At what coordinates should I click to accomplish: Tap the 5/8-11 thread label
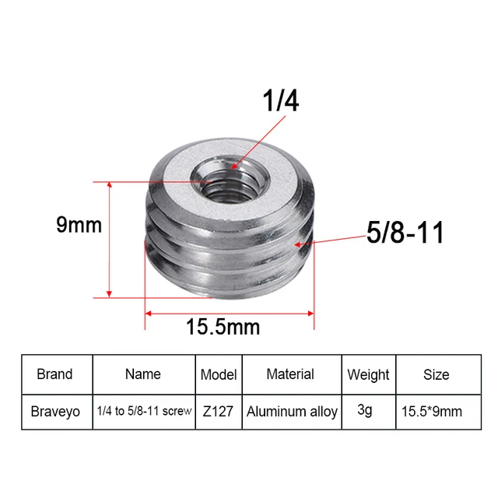pyautogui.click(x=405, y=233)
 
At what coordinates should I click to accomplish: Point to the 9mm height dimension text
pyautogui.click(x=79, y=226)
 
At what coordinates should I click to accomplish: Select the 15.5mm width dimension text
pyautogui.click(x=223, y=327)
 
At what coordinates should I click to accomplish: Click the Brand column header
pyautogui.click(x=54, y=374)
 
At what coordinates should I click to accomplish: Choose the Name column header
pyautogui.click(x=142, y=374)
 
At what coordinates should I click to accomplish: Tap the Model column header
pyautogui.click(x=218, y=374)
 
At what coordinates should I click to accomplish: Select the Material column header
pyautogui.click(x=290, y=374)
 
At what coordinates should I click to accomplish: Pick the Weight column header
pyautogui.click(x=368, y=375)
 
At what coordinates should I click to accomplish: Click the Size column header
pyautogui.click(x=436, y=374)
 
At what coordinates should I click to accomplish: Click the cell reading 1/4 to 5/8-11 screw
pyautogui.click(x=143, y=411)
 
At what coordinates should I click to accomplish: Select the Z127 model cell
pyautogui.click(x=218, y=411)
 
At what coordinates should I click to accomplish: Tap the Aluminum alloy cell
pyautogui.click(x=292, y=411)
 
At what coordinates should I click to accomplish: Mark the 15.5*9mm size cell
pyautogui.click(x=436, y=411)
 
